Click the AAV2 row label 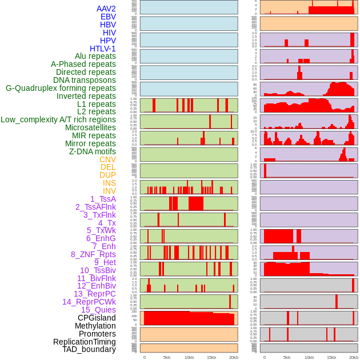106,9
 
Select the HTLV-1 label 103,49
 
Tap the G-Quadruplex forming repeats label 61,88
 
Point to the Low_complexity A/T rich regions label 58,119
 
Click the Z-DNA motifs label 93,151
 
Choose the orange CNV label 107,159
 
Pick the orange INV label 109,191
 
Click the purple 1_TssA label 103,199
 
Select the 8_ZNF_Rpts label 93,254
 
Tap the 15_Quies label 98,310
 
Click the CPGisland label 97,318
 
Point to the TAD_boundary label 89,349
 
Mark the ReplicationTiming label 85,342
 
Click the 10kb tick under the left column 189,357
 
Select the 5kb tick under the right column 287,357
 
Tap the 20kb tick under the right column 354,357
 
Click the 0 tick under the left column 145,357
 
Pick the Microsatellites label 90,127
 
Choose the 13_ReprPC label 95,294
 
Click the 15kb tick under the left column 211,357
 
